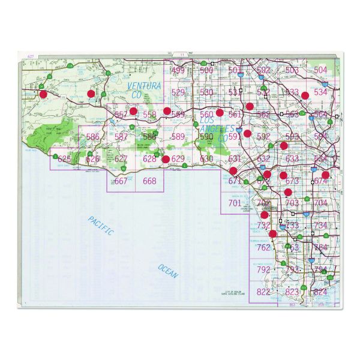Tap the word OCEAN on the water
[x=169, y=271]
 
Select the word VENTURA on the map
[x=145, y=86]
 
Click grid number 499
[x=178, y=71]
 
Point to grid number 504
[x=320, y=70]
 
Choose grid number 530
[x=206, y=92]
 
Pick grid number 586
[x=93, y=137]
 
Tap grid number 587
[x=121, y=137]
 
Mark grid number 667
[x=121, y=181]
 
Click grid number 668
[x=149, y=181]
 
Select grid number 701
[x=235, y=203]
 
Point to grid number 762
[x=263, y=247]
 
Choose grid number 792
[x=263, y=269]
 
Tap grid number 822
[x=263, y=292]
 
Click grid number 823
[x=292, y=292]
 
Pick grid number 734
[x=320, y=225]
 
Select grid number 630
[x=206, y=158]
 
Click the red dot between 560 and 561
[x=220, y=112]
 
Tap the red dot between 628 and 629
[x=166, y=159]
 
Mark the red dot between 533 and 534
[x=305, y=95]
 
